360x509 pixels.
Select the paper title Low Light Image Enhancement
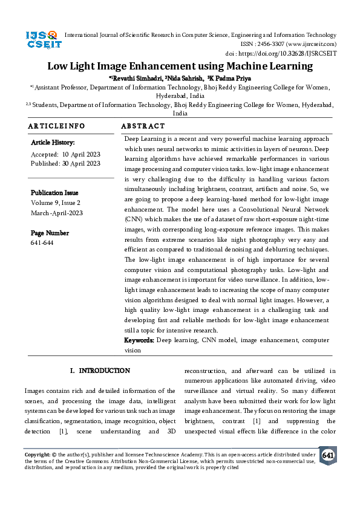click(180, 66)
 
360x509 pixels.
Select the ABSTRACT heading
click(143, 126)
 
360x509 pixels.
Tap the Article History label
click(53, 143)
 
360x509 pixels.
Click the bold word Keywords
click(139, 341)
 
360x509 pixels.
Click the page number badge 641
click(328, 455)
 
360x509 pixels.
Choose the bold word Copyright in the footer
click(37, 454)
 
